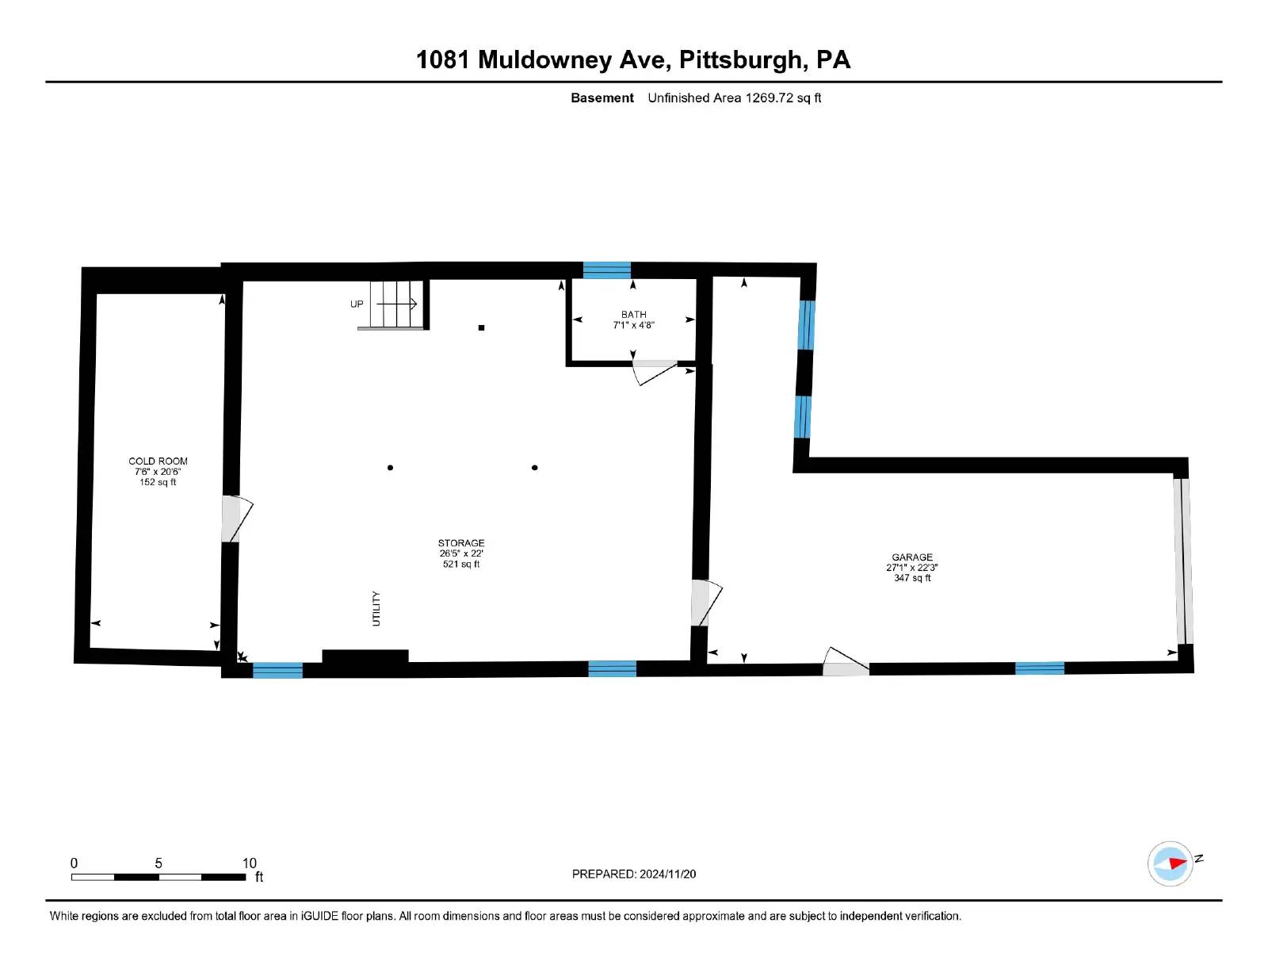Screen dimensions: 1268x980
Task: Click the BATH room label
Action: pos(633,315)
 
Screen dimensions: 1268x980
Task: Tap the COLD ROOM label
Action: pos(158,461)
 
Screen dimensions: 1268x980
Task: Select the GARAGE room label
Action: pos(911,557)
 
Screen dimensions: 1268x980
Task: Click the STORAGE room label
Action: pos(461,543)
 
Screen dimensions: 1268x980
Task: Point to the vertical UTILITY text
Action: pos(376,609)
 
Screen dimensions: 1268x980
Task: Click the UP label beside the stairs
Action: pos(357,304)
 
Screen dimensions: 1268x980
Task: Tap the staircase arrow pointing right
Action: pos(396,304)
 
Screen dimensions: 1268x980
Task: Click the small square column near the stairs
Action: pos(481,328)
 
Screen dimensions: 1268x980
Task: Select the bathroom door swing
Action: pos(655,373)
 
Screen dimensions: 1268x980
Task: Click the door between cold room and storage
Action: pos(237,519)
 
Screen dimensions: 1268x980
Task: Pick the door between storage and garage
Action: pos(706,603)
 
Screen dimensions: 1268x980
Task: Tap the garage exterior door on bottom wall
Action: pos(846,663)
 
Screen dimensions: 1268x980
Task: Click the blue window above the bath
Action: pos(607,271)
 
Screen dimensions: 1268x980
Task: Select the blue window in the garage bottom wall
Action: pos(1039,668)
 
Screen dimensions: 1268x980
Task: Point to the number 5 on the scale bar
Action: pos(158,863)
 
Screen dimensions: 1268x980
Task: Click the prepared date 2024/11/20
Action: pos(667,874)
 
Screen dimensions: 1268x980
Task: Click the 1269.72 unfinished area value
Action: pos(769,98)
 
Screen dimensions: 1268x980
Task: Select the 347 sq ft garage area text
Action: pos(912,578)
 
